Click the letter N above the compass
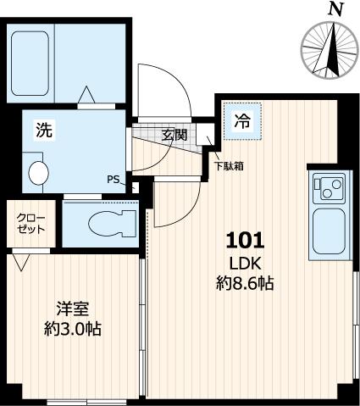(335, 9)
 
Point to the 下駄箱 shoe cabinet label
(229, 166)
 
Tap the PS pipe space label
(114, 179)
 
